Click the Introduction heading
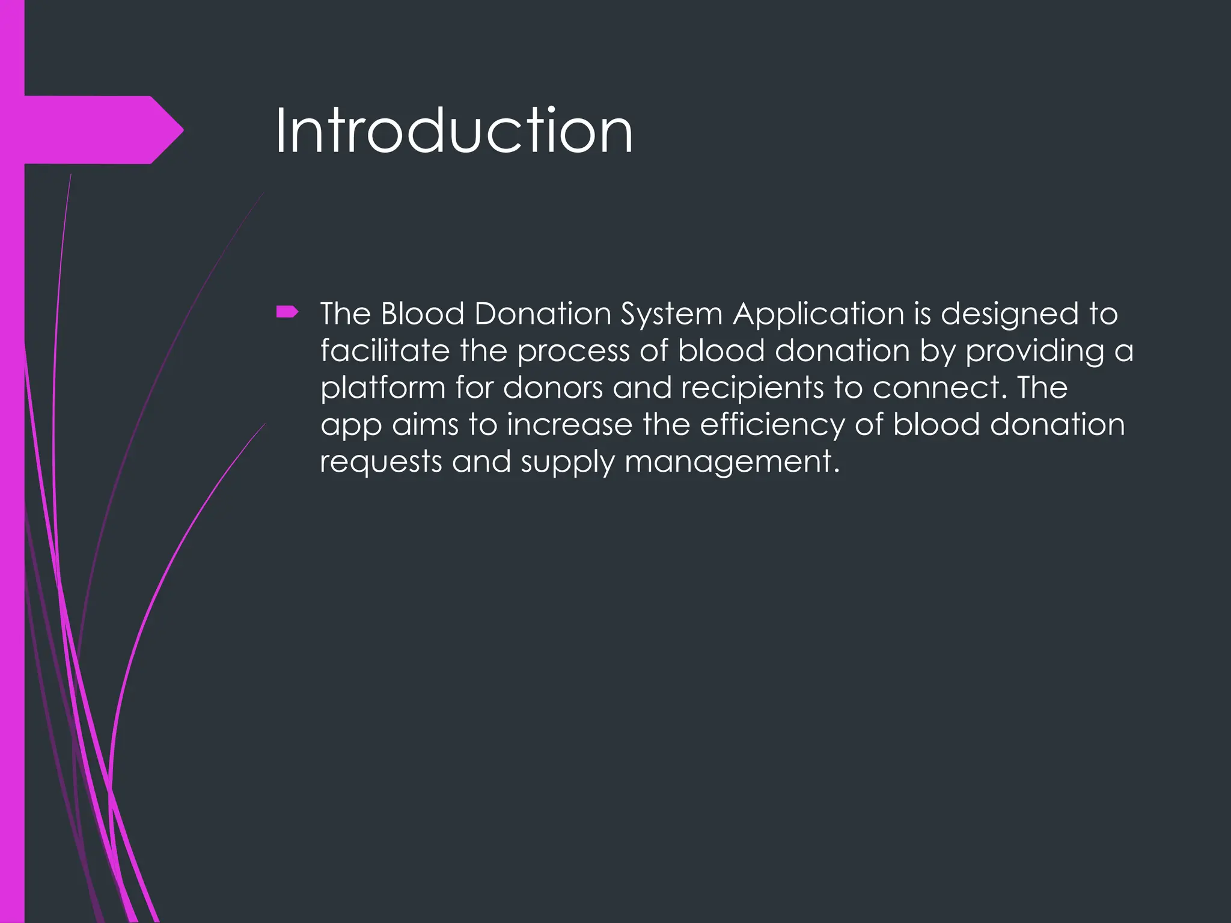[x=454, y=131]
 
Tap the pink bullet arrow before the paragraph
[x=287, y=311]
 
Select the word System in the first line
[x=671, y=315]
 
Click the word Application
[x=818, y=315]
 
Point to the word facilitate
[x=385, y=351]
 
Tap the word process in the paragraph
[x=573, y=352]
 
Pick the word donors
[x=552, y=388]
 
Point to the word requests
[x=380, y=463]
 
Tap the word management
[x=731, y=463]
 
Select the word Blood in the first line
[x=423, y=314]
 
